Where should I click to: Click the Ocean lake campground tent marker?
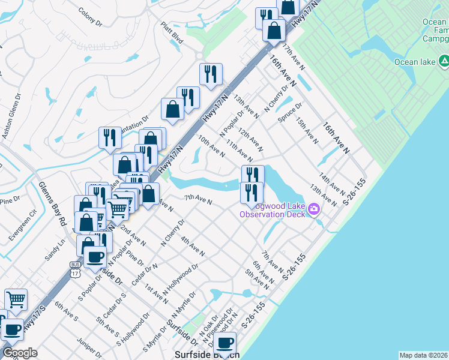[x=444, y=61]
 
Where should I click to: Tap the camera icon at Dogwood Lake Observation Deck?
[x=314, y=209]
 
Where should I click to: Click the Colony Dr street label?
[x=91, y=15]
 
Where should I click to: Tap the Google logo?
[x=19, y=353]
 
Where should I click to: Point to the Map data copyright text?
[x=423, y=355]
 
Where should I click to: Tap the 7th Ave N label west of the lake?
[x=197, y=199]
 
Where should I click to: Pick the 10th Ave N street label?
[x=211, y=146]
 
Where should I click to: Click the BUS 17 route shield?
[x=75, y=268]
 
